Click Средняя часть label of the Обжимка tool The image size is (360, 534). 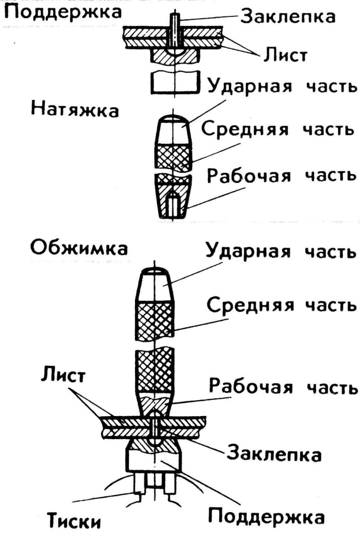(281, 305)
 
